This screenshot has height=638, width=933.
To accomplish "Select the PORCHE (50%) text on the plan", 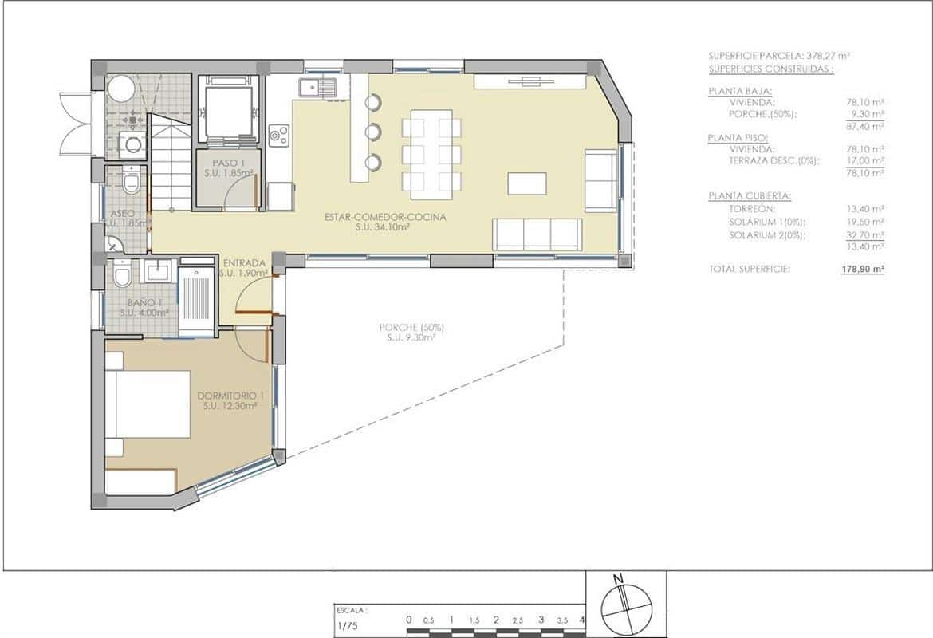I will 411,327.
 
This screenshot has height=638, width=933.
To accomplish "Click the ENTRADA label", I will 244,263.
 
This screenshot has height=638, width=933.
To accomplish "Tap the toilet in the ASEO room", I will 132,184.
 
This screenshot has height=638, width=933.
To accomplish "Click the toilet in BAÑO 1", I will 122,276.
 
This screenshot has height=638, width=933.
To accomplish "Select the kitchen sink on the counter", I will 318,87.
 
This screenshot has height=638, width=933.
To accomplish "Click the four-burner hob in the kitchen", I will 279,135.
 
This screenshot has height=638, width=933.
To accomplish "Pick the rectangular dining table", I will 431,154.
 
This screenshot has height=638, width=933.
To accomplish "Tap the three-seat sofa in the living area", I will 537,233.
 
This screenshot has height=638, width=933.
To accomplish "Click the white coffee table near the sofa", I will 527,183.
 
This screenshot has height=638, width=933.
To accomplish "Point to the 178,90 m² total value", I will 863,270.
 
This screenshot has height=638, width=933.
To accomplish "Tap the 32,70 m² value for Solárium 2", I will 866,235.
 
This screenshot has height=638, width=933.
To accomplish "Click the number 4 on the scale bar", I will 582,619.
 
